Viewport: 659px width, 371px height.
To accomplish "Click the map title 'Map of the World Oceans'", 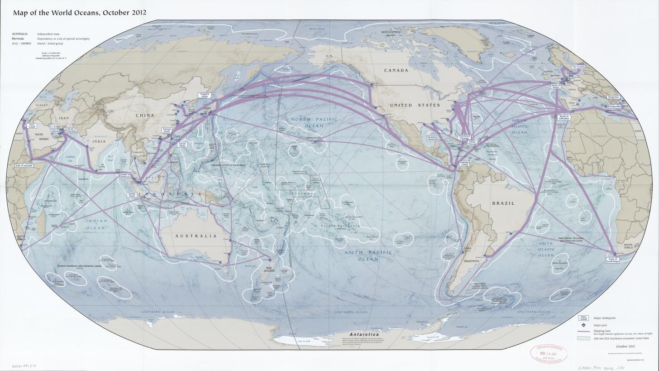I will [79, 12].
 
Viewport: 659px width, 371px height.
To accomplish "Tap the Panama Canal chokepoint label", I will [464, 163].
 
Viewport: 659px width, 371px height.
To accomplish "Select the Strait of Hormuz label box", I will [72, 130].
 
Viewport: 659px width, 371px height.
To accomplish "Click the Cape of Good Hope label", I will [612, 260].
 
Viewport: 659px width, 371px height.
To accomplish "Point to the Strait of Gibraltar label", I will [564, 117].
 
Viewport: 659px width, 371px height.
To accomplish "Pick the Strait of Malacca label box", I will [125, 175].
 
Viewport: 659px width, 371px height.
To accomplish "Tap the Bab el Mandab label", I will [24, 166].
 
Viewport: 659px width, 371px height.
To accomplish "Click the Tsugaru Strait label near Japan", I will [204, 96].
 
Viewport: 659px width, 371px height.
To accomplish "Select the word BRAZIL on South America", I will [503, 203].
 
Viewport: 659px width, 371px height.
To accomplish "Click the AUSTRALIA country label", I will [196, 236].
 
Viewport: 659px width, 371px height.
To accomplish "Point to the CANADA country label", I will [396, 70].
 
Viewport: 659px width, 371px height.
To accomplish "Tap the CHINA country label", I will [145, 116].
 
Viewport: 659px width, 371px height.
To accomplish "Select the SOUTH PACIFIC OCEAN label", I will [368, 255].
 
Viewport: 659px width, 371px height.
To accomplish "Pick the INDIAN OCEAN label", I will [96, 224].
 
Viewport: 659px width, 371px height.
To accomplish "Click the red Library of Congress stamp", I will [549, 353].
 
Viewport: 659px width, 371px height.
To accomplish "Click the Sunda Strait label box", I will [132, 194].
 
